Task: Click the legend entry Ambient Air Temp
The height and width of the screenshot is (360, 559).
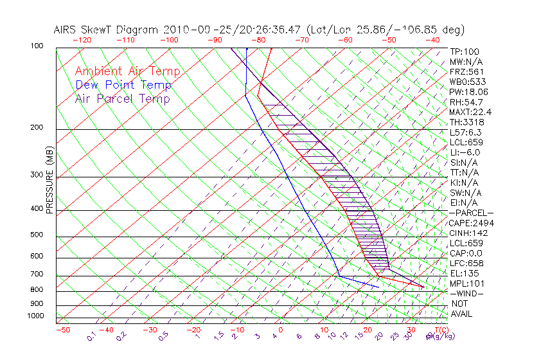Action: click(127, 71)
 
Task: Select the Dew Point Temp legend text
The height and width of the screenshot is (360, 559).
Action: click(123, 85)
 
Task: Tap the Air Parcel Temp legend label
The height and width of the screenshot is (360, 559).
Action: click(122, 98)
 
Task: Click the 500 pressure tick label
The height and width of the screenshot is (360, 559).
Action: click(36, 235)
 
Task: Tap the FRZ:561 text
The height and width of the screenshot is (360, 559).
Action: click(466, 71)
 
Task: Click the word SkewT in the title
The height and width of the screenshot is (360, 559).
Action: click(122, 30)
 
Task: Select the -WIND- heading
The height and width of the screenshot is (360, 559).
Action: click(466, 293)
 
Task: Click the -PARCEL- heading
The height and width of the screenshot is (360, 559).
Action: click(471, 213)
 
